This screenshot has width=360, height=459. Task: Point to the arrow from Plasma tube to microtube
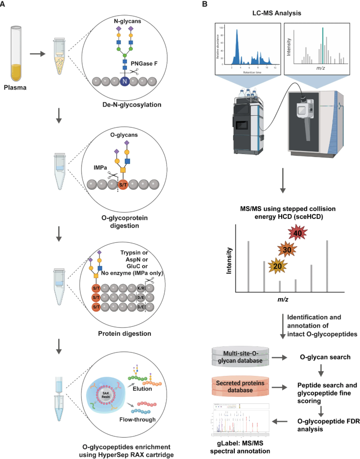coord(37,54)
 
